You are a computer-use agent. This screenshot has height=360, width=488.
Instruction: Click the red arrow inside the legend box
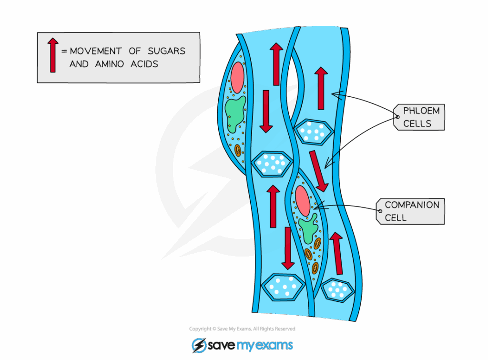coord(53,56)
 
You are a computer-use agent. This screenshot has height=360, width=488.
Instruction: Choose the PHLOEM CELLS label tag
coord(420,117)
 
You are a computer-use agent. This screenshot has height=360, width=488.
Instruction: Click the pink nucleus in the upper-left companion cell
coord(237,77)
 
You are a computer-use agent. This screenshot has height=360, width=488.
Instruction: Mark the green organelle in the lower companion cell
coord(308,228)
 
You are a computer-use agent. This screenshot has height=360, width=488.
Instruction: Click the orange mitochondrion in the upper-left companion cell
coord(238,151)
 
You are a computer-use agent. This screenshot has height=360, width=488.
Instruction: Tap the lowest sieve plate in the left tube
coord(285,287)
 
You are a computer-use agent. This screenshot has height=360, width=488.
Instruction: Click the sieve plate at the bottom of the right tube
coord(337,289)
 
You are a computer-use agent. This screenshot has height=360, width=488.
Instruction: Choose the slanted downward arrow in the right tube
coord(318,170)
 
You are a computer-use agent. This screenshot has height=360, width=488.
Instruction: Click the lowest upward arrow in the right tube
coord(338,253)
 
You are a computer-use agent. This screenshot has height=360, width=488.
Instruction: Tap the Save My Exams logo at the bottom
coord(242,345)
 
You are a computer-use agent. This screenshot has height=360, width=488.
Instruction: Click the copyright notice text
coord(242,329)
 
